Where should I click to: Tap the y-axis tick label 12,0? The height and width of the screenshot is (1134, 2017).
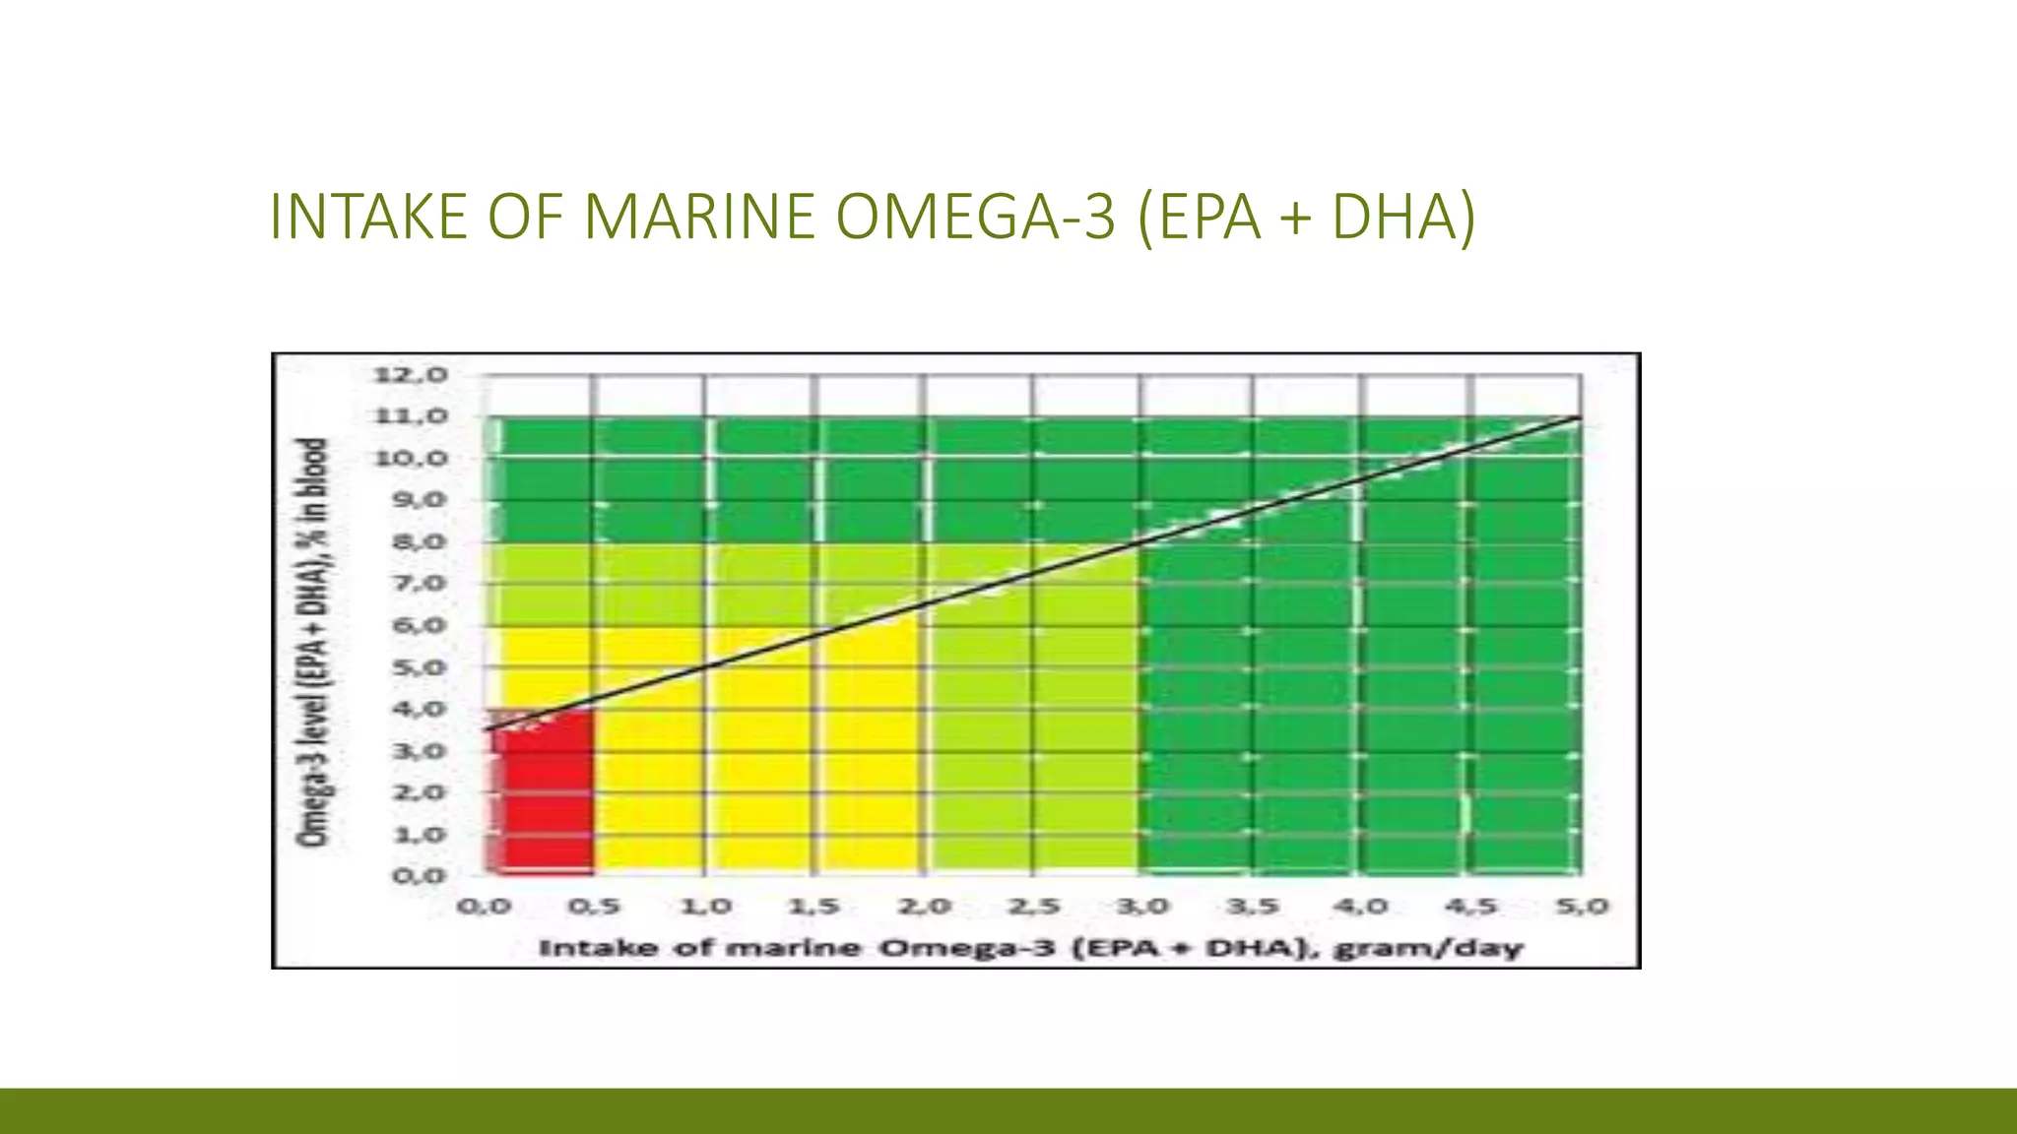[397, 375]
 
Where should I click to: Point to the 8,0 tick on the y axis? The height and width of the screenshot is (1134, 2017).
[397, 542]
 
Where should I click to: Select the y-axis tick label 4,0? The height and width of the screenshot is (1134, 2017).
[397, 710]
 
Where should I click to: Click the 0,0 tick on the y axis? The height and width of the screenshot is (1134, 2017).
[397, 876]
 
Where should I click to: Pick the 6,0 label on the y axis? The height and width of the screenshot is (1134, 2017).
[397, 626]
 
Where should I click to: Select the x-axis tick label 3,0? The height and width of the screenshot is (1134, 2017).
[1144, 906]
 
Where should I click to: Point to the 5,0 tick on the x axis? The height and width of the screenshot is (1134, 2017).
[1582, 906]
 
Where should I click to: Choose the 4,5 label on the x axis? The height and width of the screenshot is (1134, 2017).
[1472, 906]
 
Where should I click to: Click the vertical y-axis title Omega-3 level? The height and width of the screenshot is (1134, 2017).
[312, 642]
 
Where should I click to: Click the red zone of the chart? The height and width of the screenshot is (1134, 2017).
[543, 797]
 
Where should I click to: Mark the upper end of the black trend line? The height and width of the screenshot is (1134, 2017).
[1580, 418]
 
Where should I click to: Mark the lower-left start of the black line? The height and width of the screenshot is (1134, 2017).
[486, 729]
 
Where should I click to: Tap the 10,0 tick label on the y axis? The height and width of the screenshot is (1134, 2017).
[397, 459]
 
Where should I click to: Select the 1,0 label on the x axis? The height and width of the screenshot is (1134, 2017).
[705, 906]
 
